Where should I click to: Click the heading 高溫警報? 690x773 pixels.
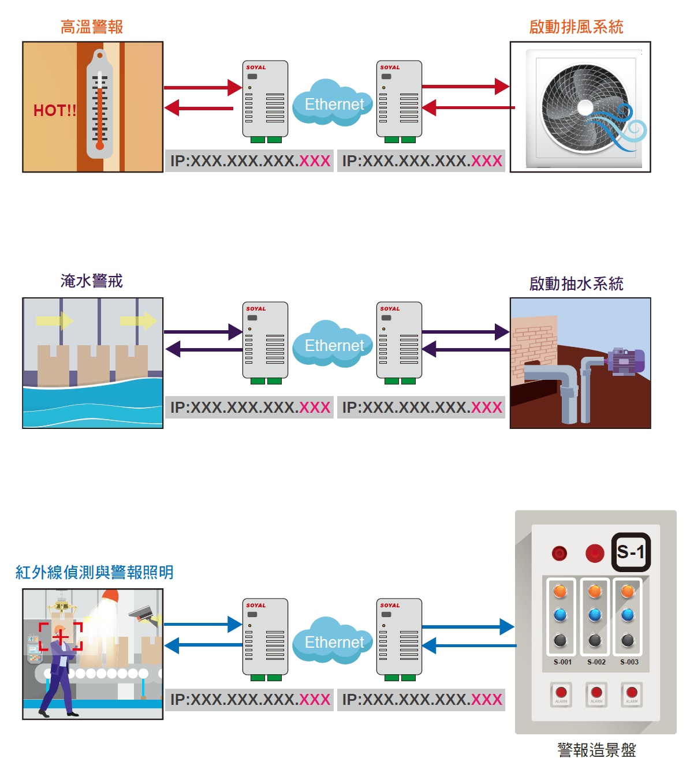pyautogui.click(x=92, y=27)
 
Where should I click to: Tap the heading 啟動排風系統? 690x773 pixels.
pyautogui.click(x=576, y=27)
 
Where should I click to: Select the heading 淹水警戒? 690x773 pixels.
pyautogui.click(x=92, y=281)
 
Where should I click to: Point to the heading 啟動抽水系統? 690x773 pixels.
pyautogui.click(x=576, y=284)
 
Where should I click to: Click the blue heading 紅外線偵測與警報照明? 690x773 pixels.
pyautogui.click(x=94, y=572)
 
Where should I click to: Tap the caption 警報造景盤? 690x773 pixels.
pyautogui.click(x=596, y=750)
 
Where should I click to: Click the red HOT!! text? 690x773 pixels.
pyautogui.click(x=55, y=111)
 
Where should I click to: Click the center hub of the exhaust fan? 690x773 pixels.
pyautogui.click(x=585, y=107)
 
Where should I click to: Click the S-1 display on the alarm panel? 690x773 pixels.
pyautogui.click(x=631, y=552)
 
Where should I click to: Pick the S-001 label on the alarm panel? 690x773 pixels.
pyautogui.click(x=562, y=662)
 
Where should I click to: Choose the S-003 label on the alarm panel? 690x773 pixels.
pyautogui.click(x=629, y=662)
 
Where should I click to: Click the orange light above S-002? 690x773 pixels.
pyautogui.click(x=595, y=591)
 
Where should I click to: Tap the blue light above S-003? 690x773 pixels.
pyautogui.click(x=628, y=615)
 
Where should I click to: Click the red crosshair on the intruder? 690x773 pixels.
pyautogui.click(x=61, y=637)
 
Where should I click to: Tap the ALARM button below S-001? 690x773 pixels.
pyautogui.click(x=561, y=693)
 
